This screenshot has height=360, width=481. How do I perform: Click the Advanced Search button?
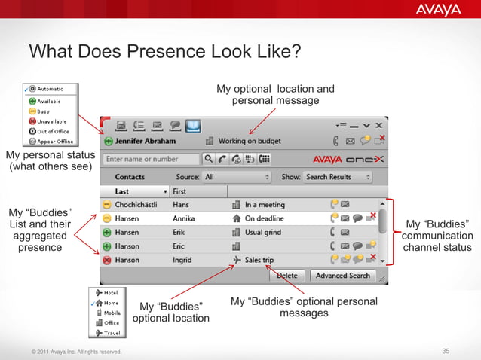click(342, 276)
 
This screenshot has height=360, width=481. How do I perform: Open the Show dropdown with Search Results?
click(338, 177)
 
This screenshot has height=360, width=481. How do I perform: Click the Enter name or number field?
click(152, 159)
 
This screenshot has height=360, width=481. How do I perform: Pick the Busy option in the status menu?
click(44, 111)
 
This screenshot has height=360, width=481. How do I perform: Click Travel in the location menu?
click(112, 332)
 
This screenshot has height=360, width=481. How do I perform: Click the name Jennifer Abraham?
click(146, 141)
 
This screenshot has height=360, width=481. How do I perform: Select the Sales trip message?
click(259, 261)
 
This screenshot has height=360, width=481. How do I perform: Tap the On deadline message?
click(265, 218)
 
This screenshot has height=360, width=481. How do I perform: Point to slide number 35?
click(446, 351)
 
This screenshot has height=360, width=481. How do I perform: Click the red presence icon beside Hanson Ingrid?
click(107, 261)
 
